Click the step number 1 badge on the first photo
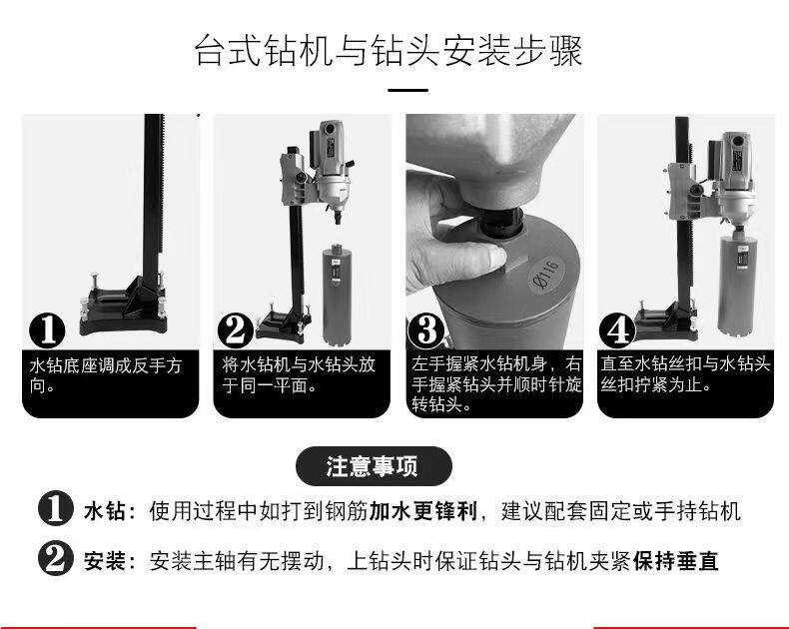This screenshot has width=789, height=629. [47, 330]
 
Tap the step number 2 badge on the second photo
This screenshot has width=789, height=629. [235, 329]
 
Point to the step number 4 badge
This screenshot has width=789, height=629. [617, 330]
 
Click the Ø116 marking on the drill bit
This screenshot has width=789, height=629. [546, 274]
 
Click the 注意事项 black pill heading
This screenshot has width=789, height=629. [374, 466]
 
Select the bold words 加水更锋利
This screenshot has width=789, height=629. [422, 511]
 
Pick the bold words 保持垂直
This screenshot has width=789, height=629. [675, 561]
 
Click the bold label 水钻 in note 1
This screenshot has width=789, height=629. [105, 511]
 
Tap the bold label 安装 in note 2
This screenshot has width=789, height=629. [105, 561]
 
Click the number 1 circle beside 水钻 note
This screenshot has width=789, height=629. [56, 508]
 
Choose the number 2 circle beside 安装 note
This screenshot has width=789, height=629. [56, 558]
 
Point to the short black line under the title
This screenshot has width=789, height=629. [407, 91]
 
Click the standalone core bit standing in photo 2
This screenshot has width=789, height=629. [337, 295]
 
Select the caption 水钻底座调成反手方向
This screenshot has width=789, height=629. [106, 375]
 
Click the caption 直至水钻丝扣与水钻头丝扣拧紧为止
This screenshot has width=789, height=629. [685, 374]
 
